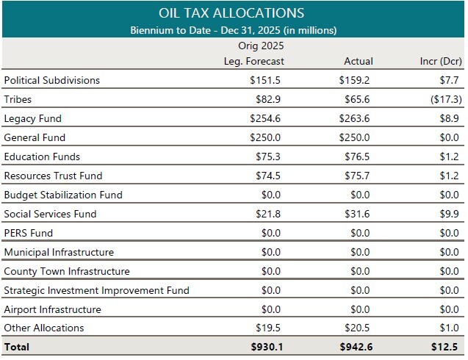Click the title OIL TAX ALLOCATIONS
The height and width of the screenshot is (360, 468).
pyautogui.click(x=231, y=13)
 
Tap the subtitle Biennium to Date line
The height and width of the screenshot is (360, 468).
pyautogui.click(x=233, y=30)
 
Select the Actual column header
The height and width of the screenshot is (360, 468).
pyautogui.click(x=358, y=61)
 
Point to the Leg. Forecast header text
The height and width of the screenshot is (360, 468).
pyautogui.click(x=253, y=61)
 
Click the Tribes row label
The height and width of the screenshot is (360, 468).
pyautogui.click(x=18, y=99)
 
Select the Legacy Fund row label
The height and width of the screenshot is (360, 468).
pyautogui.click(x=32, y=118)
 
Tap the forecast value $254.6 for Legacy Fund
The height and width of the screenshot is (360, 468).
pyautogui.click(x=266, y=118)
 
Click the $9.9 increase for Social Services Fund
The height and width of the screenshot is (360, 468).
pyautogui.click(x=450, y=214)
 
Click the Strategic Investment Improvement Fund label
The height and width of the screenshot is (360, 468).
pyautogui.click(x=96, y=290)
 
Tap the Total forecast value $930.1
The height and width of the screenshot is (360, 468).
pyautogui.click(x=266, y=347)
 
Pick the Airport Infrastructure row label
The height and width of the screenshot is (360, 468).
pyautogui.click(x=52, y=309)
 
